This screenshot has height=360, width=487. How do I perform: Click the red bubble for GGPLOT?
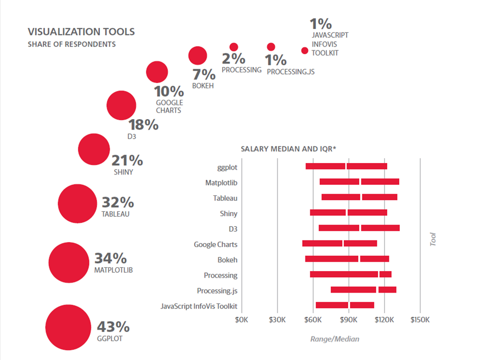[x=67, y=327]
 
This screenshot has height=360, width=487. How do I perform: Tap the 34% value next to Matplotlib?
[x=111, y=258]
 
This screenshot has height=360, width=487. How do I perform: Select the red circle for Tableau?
[x=77, y=204]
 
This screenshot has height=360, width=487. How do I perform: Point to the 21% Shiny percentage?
[x=127, y=160]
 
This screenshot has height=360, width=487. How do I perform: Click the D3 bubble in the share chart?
[x=121, y=105]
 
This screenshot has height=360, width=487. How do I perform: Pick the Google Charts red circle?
[x=157, y=72]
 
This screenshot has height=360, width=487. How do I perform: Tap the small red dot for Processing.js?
[x=271, y=47]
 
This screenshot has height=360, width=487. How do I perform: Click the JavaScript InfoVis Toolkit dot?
[x=305, y=50]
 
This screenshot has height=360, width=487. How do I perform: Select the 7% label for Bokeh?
[x=203, y=74]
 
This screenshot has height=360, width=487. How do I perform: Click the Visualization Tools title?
[x=81, y=32]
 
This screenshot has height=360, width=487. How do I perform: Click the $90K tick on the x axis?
[x=348, y=318]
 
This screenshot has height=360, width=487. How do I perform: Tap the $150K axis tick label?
[x=420, y=318]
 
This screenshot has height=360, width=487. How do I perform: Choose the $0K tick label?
[x=242, y=318]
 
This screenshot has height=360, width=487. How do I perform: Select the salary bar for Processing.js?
[x=363, y=290]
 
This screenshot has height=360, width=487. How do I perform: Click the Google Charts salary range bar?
[x=339, y=243]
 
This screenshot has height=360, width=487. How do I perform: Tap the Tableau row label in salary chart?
[x=225, y=198]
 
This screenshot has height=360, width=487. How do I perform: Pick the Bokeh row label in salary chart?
[x=227, y=260]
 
